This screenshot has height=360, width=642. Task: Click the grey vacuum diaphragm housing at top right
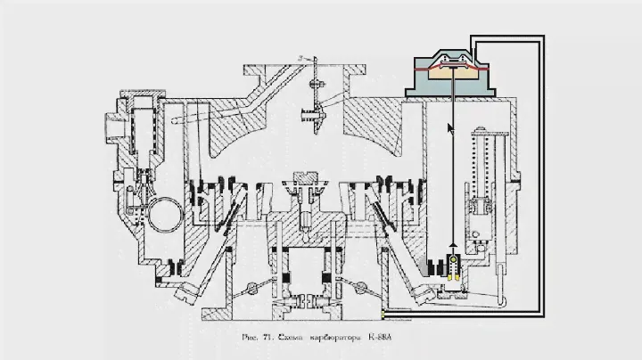pyautogui.click(x=453, y=78)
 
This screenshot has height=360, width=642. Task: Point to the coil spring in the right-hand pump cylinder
pyautogui.click(x=482, y=169)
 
